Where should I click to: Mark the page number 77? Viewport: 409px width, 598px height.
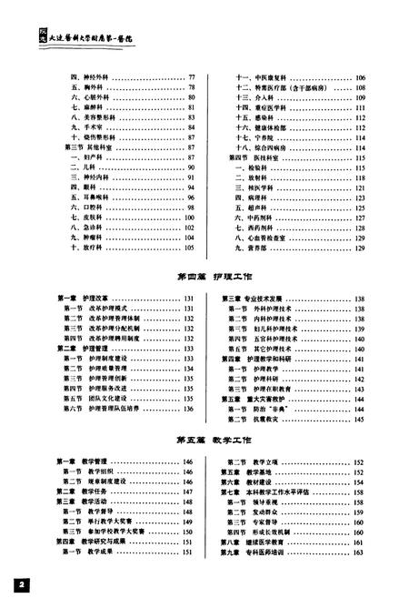(193, 79)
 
